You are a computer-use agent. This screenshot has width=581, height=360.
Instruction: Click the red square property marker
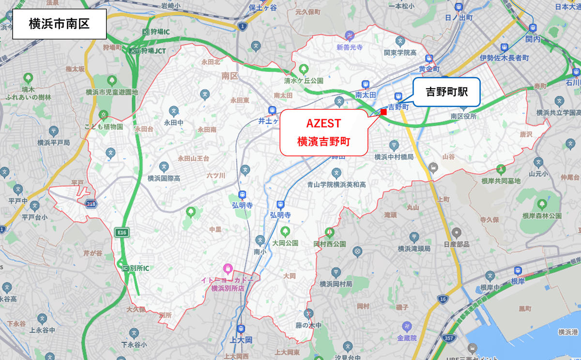383,112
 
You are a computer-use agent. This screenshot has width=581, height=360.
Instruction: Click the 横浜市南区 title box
59,24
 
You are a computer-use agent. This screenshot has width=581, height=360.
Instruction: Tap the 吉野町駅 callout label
446,92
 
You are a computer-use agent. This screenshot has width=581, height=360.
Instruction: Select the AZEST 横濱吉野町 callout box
323,132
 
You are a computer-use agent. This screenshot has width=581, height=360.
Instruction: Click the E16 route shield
121,233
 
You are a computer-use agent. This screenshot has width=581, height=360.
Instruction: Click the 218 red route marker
91,204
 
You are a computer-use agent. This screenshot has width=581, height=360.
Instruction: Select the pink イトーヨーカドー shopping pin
228,268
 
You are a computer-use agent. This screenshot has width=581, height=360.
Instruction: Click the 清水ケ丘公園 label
304,80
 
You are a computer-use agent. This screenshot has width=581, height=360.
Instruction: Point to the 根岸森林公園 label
542,215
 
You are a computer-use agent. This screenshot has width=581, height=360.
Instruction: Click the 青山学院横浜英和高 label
336,185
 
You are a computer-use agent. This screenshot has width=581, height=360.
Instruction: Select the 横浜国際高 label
164,178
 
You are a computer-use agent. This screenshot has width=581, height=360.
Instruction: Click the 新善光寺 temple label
350,47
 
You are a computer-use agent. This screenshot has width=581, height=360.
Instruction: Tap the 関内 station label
533,38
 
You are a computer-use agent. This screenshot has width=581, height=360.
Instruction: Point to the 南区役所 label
463,116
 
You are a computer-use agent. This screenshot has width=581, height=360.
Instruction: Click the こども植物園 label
103,126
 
